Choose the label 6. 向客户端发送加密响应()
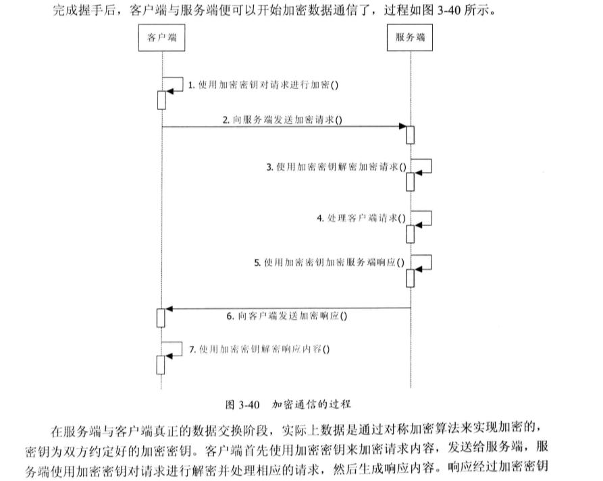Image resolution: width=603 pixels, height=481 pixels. tap(287, 315)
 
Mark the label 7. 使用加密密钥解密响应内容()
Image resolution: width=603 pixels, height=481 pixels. tap(259, 349)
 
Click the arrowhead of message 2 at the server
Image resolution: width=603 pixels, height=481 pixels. tap(401, 126)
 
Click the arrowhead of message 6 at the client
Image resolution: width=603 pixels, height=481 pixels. tap(169, 309)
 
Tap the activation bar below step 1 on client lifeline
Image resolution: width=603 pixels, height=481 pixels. tap(161, 99)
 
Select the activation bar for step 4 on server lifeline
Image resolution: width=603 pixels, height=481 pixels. tap(410, 233)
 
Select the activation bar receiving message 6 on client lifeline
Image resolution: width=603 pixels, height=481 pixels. tap(161, 317)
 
